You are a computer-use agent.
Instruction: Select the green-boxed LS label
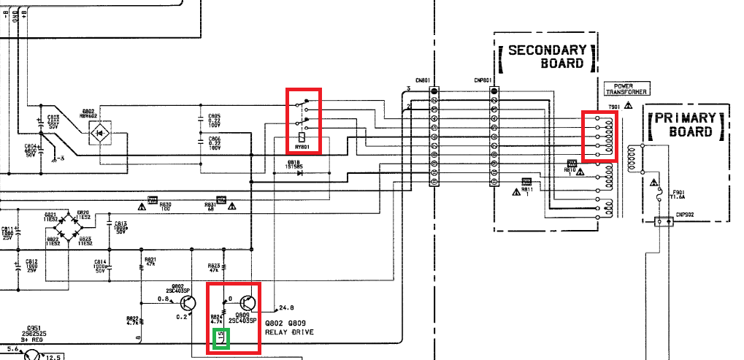pyautogui.click(x=220, y=338)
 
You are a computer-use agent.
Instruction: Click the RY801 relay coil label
pyautogui.click(x=301, y=146)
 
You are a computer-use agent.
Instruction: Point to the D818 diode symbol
pyautogui.click(x=300, y=174)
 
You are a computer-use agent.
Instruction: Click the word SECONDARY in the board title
pyautogui.click(x=547, y=50)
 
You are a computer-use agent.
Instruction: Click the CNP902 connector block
pyautogui.click(x=664, y=222)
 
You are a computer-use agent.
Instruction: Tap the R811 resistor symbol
pyautogui.click(x=526, y=181)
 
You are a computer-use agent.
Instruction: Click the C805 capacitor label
pyautogui.click(x=214, y=115)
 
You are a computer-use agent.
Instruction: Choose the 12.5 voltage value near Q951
pyautogui.click(x=53, y=356)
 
